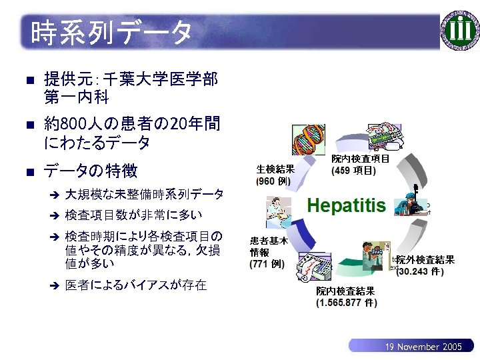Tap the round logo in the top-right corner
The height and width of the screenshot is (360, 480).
(460, 31)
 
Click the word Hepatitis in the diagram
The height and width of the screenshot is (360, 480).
(346, 205)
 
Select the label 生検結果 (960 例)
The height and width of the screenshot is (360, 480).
(275, 175)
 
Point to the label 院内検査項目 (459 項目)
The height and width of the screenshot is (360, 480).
(360, 165)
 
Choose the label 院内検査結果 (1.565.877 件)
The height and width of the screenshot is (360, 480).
(346, 297)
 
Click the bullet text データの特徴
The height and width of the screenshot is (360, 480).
(91, 171)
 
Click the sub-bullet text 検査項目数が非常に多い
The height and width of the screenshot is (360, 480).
(133, 215)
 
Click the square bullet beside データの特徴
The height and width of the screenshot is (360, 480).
(28, 172)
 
